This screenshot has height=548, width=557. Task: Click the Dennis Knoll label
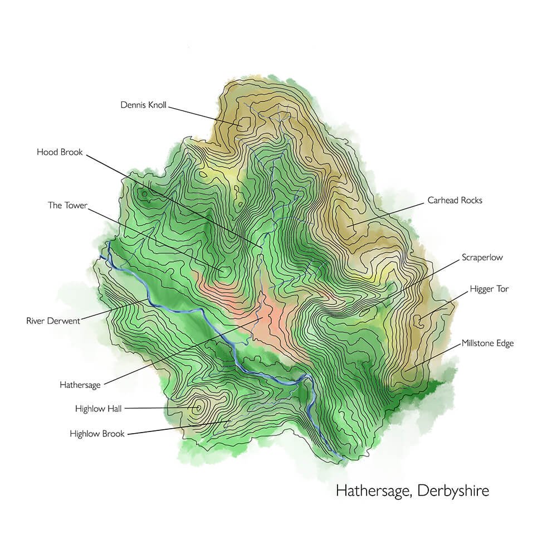[x=143, y=105]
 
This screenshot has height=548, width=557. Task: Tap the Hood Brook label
[x=60, y=152]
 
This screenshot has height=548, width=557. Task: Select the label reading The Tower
[x=67, y=205]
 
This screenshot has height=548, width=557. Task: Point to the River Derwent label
[x=53, y=321]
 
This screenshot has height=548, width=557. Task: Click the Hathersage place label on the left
[x=80, y=385]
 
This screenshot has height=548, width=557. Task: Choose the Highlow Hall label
[x=98, y=409]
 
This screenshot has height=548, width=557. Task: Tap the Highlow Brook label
[x=97, y=433]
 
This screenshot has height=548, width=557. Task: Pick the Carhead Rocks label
[x=455, y=200]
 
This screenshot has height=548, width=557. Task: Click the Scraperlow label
[x=482, y=258]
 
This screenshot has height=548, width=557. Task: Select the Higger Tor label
[x=489, y=289]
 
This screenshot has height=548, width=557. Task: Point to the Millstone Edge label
[x=487, y=343]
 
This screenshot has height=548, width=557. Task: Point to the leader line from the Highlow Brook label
[x=178, y=427]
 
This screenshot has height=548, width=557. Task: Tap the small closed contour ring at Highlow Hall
[x=197, y=408]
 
